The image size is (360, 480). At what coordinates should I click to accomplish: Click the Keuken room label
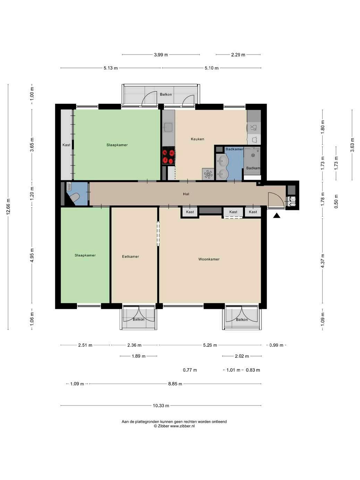[x=197, y=139]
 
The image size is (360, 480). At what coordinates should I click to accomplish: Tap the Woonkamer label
[x=209, y=259]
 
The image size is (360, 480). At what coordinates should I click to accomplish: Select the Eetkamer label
[x=130, y=257]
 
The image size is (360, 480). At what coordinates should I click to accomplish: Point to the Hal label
[x=186, y=194]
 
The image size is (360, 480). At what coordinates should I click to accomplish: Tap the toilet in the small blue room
[x=74, y=198]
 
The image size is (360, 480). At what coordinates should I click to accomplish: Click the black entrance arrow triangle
[x=277, y=216]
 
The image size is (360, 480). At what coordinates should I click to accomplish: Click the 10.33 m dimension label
[x=161, y=406]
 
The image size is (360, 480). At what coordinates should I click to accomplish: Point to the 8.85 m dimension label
[x=175, y=384]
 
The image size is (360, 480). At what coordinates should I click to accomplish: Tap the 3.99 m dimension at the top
[x=161, y=55]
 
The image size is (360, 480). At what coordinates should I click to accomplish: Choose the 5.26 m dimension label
[x=210, y=345]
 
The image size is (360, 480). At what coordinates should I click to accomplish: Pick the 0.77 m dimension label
[x=190, y=370]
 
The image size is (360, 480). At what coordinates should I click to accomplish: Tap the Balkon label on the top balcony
[x=166, y=94]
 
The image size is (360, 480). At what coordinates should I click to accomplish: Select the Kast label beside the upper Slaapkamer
[x=67, y=145]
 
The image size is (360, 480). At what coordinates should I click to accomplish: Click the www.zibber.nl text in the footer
[x=182, y=426]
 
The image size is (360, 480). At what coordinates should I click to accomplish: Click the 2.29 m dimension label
[x=238, y=55]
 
